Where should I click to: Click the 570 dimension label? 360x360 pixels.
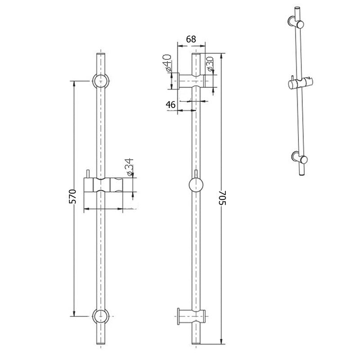tap(72, 197)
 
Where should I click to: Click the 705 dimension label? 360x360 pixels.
tap(222, 198)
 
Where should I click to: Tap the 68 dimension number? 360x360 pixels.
tap(191, 39)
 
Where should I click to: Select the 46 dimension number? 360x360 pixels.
tap(171, 105)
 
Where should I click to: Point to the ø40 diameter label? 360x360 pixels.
tap(167, 63)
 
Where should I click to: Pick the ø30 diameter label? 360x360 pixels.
tap(210, 64)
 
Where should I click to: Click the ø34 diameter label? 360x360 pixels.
tap(129, 167)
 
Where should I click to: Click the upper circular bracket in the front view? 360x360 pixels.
tap(101, 81)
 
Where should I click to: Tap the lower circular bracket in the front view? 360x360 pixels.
tap(100, 316)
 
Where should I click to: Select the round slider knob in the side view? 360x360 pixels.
tap(196, 185)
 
